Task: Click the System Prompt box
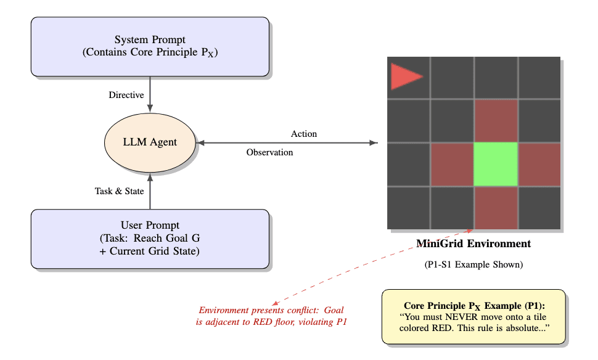point(150,46)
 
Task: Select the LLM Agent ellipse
point(150,142)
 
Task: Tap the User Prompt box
point(150,239)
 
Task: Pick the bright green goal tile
point(495,164)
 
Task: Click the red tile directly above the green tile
point(495,121)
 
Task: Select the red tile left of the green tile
point(452,164)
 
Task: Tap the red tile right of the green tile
point(539,164)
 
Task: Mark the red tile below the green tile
point(495,208)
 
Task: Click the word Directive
point(126,96)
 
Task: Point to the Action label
point(304,134)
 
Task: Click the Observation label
point(269,152)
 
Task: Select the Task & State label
point(119,191)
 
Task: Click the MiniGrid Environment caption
point(473,243)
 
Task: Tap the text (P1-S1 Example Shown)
point(473,265)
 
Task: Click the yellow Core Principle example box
point(473,316)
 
